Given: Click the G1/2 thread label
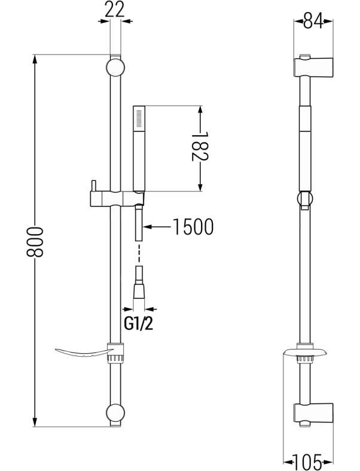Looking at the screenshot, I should (136, 324).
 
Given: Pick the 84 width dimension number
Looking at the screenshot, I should (308, 22).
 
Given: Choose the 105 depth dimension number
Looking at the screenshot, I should (308, 461).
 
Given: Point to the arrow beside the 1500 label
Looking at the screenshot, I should (155, 227).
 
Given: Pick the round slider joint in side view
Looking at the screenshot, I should (304, 200).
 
